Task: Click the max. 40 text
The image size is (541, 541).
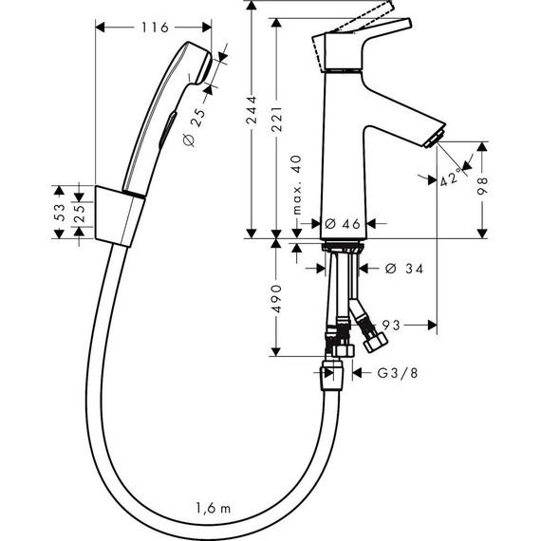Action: [296, 184]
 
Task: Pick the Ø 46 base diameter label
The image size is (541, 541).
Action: [342, 223]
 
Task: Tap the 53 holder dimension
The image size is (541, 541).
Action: [59, 213]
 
